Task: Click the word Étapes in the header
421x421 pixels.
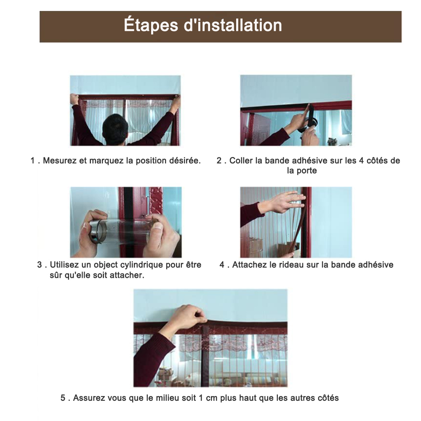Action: pyautogui.click(x=151, y=26)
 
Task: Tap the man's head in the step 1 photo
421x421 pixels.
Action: pyautogui.click(x=115, y=128)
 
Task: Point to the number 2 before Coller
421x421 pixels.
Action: pyautogui.click(x=219, y=160)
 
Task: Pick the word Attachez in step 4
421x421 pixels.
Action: pyautogui.click(x=249, y=265)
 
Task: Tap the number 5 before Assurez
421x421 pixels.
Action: pyautogui.click(x=63, y=398)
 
